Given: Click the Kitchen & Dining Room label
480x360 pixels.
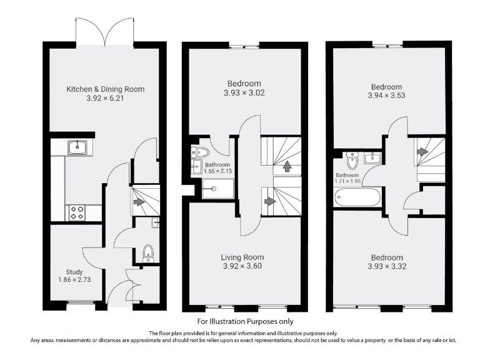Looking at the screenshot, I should click(105, 89).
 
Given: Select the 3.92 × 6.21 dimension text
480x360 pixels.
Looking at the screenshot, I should click(105, 99).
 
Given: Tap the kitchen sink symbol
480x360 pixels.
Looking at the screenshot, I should click(77, 147).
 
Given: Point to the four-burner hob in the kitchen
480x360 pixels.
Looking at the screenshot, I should click(76, 212).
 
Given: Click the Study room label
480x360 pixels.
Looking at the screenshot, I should click(74, 272).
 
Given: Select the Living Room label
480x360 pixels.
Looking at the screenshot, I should click(242, 257).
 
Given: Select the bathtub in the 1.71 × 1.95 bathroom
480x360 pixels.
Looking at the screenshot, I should click(357, 199).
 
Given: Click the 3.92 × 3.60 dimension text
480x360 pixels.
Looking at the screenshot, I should click(242, 266).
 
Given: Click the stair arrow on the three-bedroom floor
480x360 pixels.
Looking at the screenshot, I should click(422, 151).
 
